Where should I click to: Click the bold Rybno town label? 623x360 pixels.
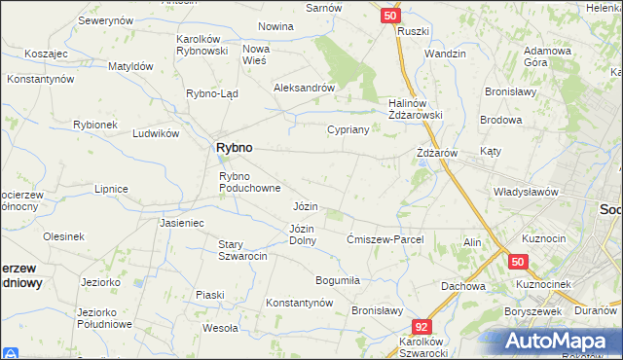233,147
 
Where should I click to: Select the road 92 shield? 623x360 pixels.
421,329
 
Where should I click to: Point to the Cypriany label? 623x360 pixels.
348,129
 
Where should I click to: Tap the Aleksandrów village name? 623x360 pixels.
305,87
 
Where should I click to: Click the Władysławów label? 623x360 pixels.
526,192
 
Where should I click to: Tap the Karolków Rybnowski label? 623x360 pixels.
202,45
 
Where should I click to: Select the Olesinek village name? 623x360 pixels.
63,236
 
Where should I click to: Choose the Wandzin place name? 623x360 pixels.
446,54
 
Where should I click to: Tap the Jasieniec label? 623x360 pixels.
181,223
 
